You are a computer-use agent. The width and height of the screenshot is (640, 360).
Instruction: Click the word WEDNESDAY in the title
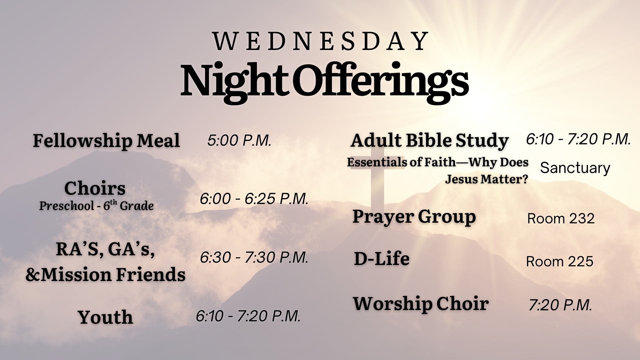click(x=321, y=41)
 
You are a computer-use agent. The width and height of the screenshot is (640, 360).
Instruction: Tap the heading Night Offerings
click(x=325, y=82)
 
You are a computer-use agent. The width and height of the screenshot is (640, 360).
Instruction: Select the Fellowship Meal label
click(x=106, y=141)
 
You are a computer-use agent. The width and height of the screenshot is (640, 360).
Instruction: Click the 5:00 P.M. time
click(x=239, y=140)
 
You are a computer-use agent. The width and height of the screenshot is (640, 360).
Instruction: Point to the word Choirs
click(x=95, y=188)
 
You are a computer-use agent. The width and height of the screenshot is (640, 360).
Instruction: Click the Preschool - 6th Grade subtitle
click(x=96, y=205)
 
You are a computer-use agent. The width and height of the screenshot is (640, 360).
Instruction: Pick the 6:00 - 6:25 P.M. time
click(x=254, y=199)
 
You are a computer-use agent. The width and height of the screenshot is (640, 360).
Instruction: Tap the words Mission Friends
click(x=113, y=275)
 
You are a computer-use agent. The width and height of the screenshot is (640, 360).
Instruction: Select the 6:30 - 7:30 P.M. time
click(x=254, y=257)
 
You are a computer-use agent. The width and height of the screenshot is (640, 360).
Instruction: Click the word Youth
click(x=105, y=317)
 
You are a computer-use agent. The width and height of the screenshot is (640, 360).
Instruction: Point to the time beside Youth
click(x=248, y=316)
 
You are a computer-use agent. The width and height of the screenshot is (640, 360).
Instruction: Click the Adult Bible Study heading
click(x=430, y=141)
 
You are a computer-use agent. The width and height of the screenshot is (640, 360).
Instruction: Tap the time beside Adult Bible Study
click(x=578, y=139)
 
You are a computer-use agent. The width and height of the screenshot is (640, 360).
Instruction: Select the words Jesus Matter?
click(x=487, y=179)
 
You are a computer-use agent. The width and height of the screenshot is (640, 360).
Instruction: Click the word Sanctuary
click(x=575, y=168)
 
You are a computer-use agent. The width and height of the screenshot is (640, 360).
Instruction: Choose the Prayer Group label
click(x=414, y=217)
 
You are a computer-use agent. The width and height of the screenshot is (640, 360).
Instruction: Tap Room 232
click(x=561, y=219)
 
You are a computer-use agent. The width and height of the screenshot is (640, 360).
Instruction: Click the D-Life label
click(x=382, y=259)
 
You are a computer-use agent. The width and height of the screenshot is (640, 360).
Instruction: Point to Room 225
click(x=560, y=262)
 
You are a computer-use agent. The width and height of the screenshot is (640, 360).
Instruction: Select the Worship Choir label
click(x=421, y=304)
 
